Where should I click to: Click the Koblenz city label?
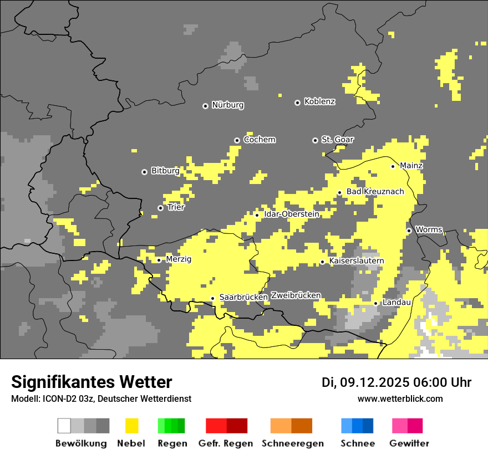coord(319,101)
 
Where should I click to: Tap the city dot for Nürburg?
coord(205,105)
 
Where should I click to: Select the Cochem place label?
coord(260,140)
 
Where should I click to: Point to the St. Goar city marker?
coord(315,140)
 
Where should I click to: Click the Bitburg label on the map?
coord(165,171)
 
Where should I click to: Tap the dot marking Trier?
coord(160,208)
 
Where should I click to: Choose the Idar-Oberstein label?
coord(292,214)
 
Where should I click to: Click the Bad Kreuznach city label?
coord(375,192)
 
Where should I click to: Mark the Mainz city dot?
coord(393,166)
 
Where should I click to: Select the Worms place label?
coord(429,229)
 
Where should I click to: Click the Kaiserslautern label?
coord(357,261)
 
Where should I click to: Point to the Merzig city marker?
coord(159,260)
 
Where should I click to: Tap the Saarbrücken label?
coord(243,298)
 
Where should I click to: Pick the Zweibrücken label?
coord(296,296)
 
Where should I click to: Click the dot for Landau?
coord(375,303)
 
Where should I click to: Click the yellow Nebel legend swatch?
coord(131,426)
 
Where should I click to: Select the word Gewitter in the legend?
coord(409,443)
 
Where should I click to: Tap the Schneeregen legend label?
coord(293,443)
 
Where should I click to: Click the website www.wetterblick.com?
coord(400,399)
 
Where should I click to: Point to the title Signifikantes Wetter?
coord(91,382)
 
